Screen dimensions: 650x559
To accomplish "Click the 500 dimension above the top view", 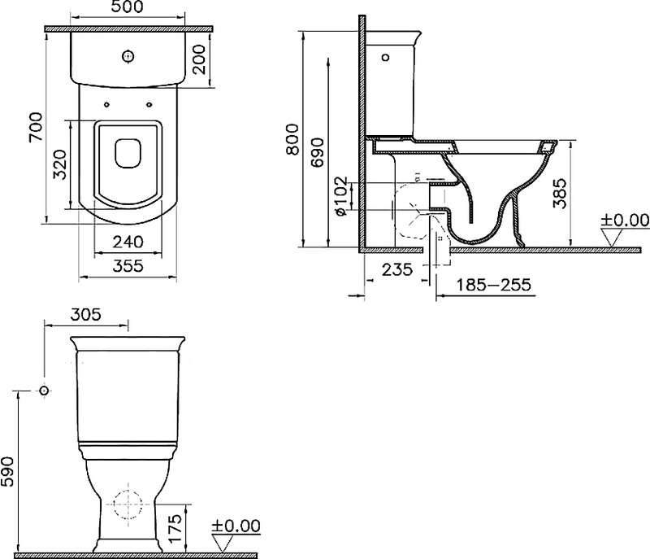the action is [128, 7].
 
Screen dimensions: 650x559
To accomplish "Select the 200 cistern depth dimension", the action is [199, 59].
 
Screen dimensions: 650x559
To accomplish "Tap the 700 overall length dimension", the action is [35, 127].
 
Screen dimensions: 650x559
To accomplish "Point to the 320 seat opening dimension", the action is [60, 164].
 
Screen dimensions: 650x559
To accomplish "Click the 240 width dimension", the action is [128, 242].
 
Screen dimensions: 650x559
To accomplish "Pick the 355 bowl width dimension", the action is [128, 265].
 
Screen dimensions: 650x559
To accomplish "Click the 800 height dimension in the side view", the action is [292, 139].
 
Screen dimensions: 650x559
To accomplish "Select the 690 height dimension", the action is [318, 152].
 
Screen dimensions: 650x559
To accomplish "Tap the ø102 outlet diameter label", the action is [340, 196].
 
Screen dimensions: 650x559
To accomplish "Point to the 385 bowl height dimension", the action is [559, 194].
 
